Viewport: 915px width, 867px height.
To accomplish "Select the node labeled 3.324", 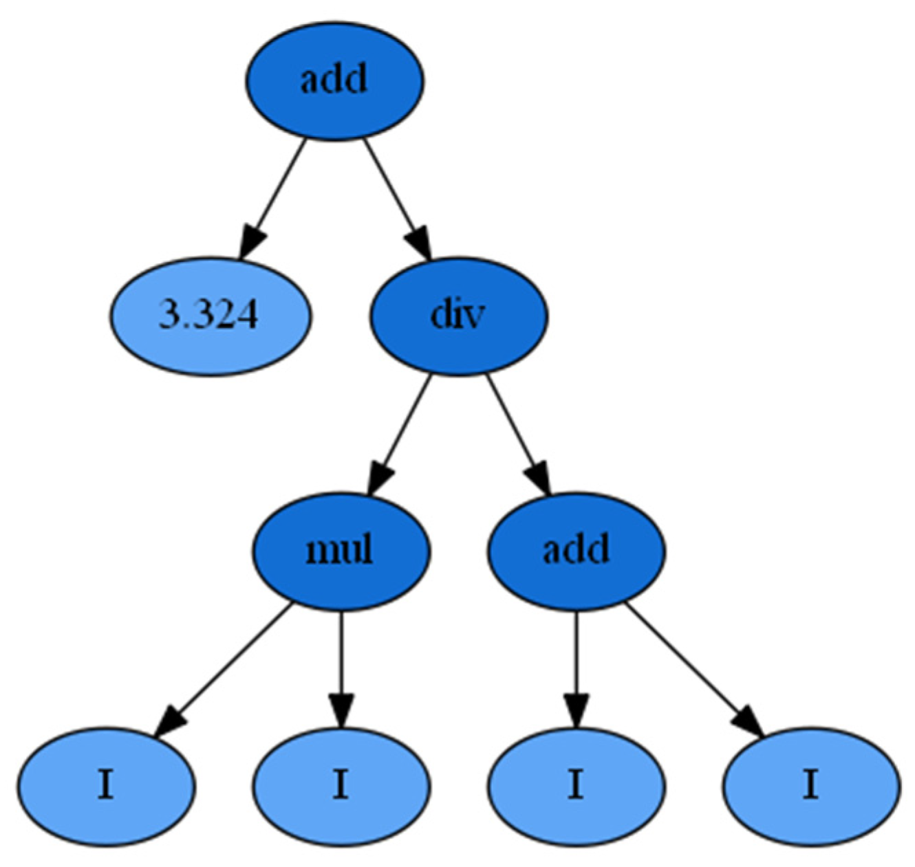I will click(x=210, y=316).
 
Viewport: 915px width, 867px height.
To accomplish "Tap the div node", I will click(x=459, y=316).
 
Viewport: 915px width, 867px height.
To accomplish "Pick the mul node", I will click(x=341, y=551).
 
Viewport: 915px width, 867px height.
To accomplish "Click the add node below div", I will click(x=577, y=551).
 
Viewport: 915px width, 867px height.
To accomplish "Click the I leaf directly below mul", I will click(x=341, y=785).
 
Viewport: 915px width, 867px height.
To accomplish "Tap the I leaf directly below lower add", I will click(x=577, y=785).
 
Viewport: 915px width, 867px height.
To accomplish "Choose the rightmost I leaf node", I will click(x=812, y=785).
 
